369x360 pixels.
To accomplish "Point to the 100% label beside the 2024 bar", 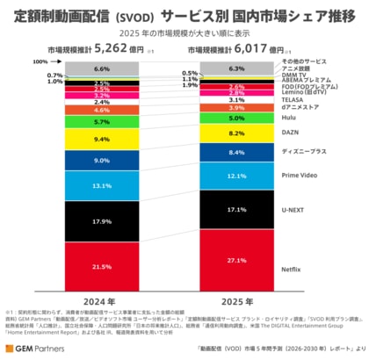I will [x=40, y=62].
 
